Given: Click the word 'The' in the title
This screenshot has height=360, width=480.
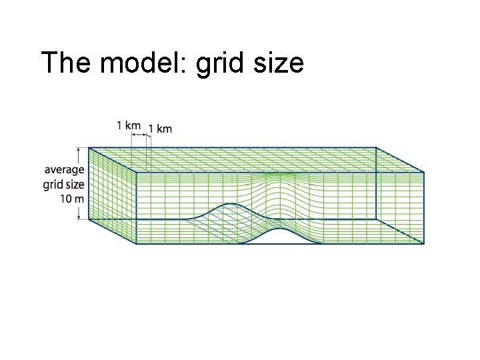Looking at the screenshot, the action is click(64, 63).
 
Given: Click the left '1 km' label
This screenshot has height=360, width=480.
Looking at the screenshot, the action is click(128, 125).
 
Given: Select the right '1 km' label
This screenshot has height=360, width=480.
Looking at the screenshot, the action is click(160, 128).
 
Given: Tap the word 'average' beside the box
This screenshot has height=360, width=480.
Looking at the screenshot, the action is click(64, 170).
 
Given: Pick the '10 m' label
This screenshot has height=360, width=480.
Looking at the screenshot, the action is click(71, 198).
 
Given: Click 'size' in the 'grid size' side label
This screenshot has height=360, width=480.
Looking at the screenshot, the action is click(73, 184).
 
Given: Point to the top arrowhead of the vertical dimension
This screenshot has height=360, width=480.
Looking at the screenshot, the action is click(79, 150).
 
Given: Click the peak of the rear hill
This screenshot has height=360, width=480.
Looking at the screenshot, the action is click(231, 203).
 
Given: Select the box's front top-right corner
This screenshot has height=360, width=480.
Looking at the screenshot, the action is click(424, 172).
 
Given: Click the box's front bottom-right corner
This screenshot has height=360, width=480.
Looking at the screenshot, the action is click(424, 243).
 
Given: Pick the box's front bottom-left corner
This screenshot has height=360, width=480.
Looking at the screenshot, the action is click(137, 243).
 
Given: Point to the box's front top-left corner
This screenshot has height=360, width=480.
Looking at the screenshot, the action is click(137, 172).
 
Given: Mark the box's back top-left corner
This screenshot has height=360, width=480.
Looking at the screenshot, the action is click(89, 147).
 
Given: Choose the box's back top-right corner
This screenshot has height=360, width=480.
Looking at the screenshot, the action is click(376, 147).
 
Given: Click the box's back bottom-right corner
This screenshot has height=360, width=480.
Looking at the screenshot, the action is click(376, 219).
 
